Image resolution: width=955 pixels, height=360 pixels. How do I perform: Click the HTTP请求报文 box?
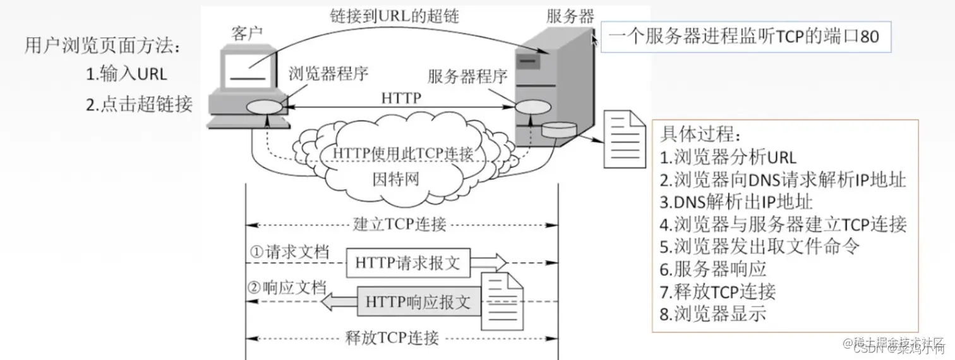407,263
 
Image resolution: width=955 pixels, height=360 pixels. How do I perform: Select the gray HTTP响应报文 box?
417,302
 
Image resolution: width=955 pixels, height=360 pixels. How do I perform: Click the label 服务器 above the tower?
570,17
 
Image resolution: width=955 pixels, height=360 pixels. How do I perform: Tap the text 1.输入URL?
126,73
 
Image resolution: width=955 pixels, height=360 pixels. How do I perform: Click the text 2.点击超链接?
139,104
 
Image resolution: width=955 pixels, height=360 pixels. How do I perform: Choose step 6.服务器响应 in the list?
713,269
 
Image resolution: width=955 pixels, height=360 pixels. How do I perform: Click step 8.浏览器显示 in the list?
713,313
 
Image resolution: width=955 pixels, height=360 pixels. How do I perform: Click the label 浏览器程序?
328,75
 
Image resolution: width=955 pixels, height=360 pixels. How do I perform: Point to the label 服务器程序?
467,77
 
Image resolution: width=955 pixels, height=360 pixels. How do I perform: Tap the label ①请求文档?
289,252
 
